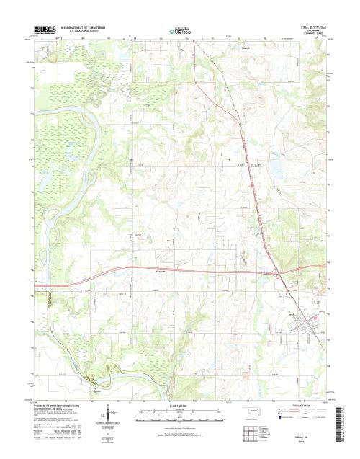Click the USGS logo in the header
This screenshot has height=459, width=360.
pyautogui.click(x=44, y=30)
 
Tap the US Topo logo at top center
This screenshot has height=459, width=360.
pyautogui.click(x=180, y=31)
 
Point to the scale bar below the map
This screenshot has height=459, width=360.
pyautogui.click(x=179, y=415)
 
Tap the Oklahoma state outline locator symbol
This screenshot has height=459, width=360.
pyautogui.click(x=252, y=414)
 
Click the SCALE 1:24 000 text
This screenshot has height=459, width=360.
pyautogui.click(x=179, y=407)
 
